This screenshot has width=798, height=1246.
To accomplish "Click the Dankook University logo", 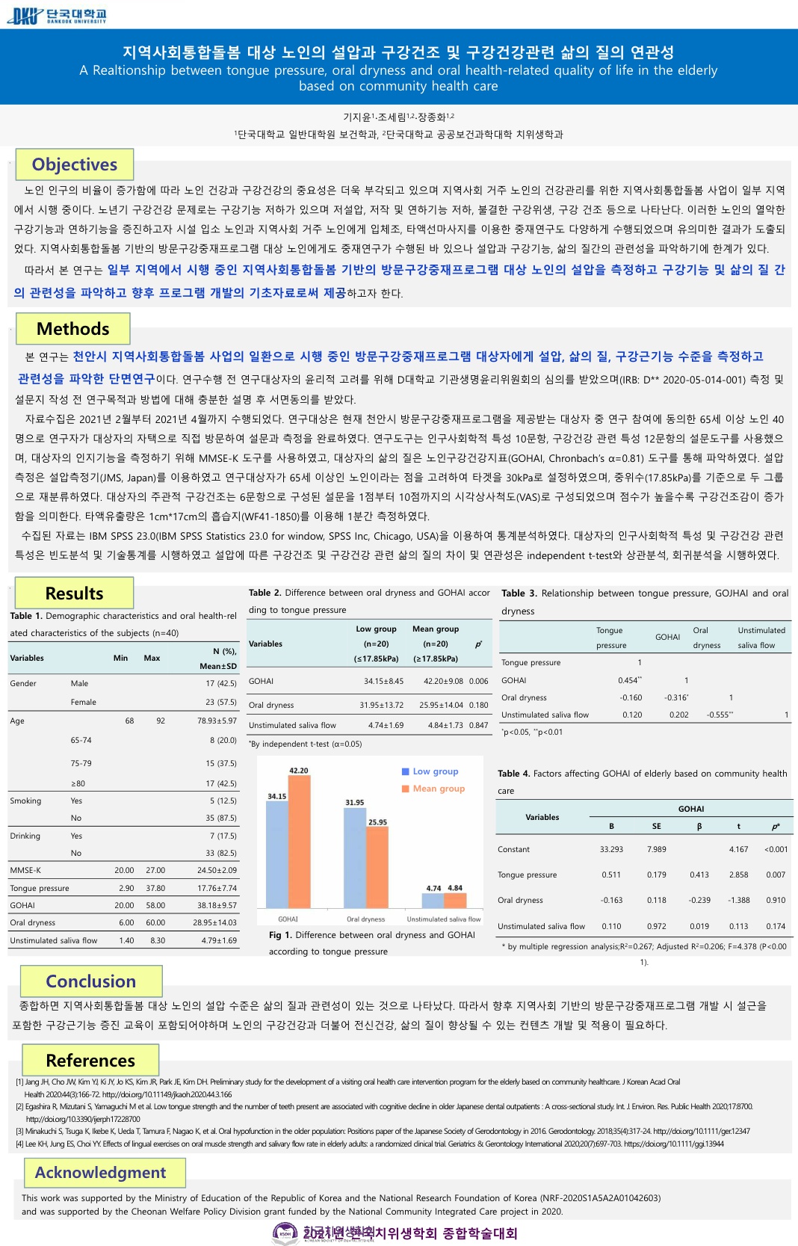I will click(x=57, y=15).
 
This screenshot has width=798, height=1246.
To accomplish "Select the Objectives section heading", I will click(x=74, y=164).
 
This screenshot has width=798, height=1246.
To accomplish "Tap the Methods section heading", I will click(x=72, y=329).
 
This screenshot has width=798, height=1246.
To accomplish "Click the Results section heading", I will click(x=74, y=593).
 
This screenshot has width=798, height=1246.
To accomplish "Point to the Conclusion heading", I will click(x=90, y=981).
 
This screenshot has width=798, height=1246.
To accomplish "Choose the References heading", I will click(x=90, y=1061).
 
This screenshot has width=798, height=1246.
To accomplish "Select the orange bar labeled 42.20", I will click(x=299, y=841).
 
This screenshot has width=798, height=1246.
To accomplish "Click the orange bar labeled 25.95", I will click(x=377, y=867).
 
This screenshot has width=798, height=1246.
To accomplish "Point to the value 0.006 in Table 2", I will click(x=478, y=681).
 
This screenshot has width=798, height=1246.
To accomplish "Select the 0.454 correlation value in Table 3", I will click(x=629, y=680).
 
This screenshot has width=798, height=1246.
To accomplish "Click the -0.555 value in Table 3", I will click(x=720, y=715).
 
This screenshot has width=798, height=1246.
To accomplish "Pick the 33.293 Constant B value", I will click(x=611, y=849).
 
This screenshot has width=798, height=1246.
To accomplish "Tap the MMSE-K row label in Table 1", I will click(x=25, y=870).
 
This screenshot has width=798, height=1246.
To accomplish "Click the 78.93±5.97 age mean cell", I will click(x=217, y=721).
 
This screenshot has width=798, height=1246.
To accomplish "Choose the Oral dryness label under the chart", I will click(x=365, y=919).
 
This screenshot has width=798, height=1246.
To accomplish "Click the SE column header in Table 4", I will click(x=656, y=826).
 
